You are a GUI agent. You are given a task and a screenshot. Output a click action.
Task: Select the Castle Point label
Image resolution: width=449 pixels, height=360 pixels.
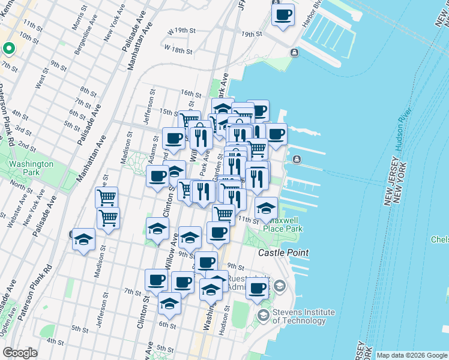[283, 253]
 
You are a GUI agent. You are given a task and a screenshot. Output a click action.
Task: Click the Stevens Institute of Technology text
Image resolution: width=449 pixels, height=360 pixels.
[303, 316]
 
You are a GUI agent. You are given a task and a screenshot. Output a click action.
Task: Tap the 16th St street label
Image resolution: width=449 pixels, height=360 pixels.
[191, 94]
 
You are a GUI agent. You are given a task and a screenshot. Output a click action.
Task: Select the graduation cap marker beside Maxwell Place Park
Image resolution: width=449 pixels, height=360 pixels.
[266, 209]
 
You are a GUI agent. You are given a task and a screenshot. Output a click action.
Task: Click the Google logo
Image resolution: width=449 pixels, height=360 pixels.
[20, 353]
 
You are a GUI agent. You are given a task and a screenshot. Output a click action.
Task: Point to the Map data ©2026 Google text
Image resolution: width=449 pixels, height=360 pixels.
[412, 355]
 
